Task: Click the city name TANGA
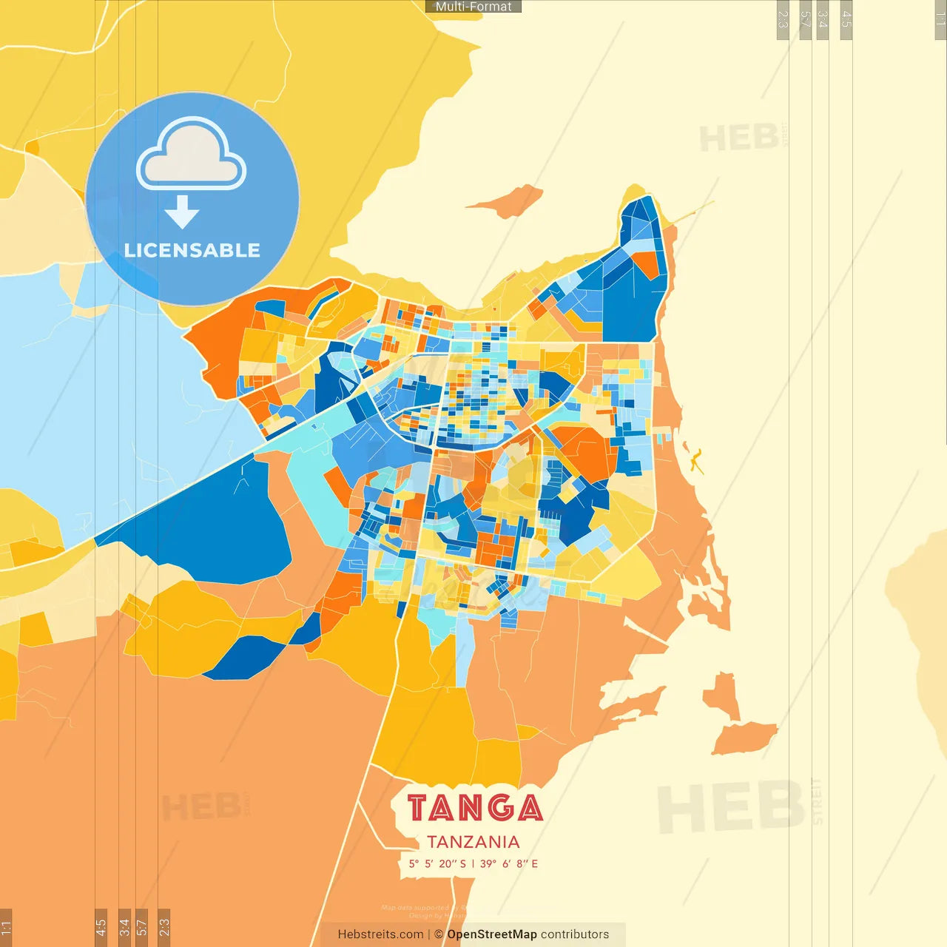(474, 808)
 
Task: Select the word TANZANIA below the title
(473, 842)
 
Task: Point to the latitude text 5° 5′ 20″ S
(437, 863)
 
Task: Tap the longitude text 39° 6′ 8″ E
(509, 863)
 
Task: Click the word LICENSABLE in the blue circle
(192, 250)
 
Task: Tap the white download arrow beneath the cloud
(182, 212)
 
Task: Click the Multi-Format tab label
(473, 7)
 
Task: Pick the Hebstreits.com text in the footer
(380, 934)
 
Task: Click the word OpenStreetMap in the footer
(492, 934)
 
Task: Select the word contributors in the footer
(575, 934)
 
